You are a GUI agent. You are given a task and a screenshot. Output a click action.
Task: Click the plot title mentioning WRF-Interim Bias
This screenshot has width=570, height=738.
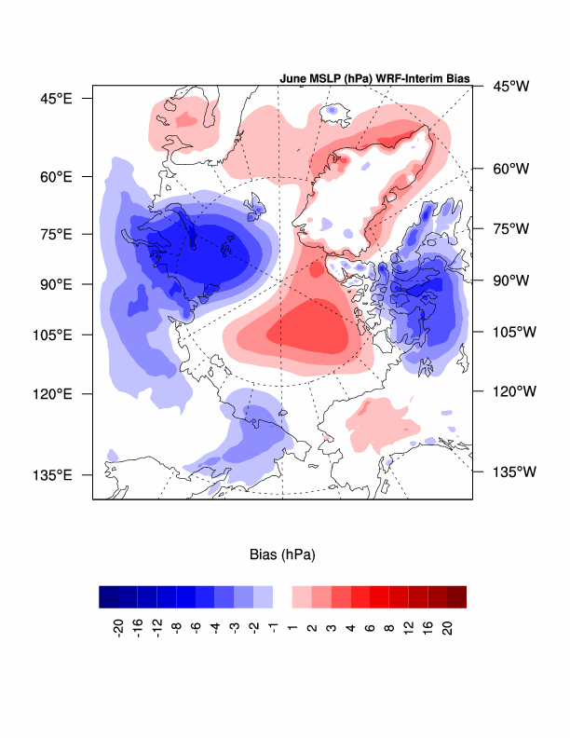(x=374, y=79)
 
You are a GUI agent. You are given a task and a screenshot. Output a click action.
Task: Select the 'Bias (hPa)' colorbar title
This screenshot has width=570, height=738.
(x=282, y=555)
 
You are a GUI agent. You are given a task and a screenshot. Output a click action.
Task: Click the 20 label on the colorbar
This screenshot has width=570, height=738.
(x=447, y=623)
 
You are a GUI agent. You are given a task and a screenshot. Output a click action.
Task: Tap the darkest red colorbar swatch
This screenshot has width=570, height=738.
(x=456, y=596)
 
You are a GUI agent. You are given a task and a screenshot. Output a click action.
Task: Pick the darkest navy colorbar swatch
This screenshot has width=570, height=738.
(x=108, y=596)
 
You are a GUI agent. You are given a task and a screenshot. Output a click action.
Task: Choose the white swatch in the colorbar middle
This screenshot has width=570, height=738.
(x=282, y=596)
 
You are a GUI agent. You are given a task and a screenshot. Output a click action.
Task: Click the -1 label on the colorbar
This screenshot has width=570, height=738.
(x=273, y=623)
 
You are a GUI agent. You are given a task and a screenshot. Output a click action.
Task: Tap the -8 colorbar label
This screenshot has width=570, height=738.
(x=176, y=623)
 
